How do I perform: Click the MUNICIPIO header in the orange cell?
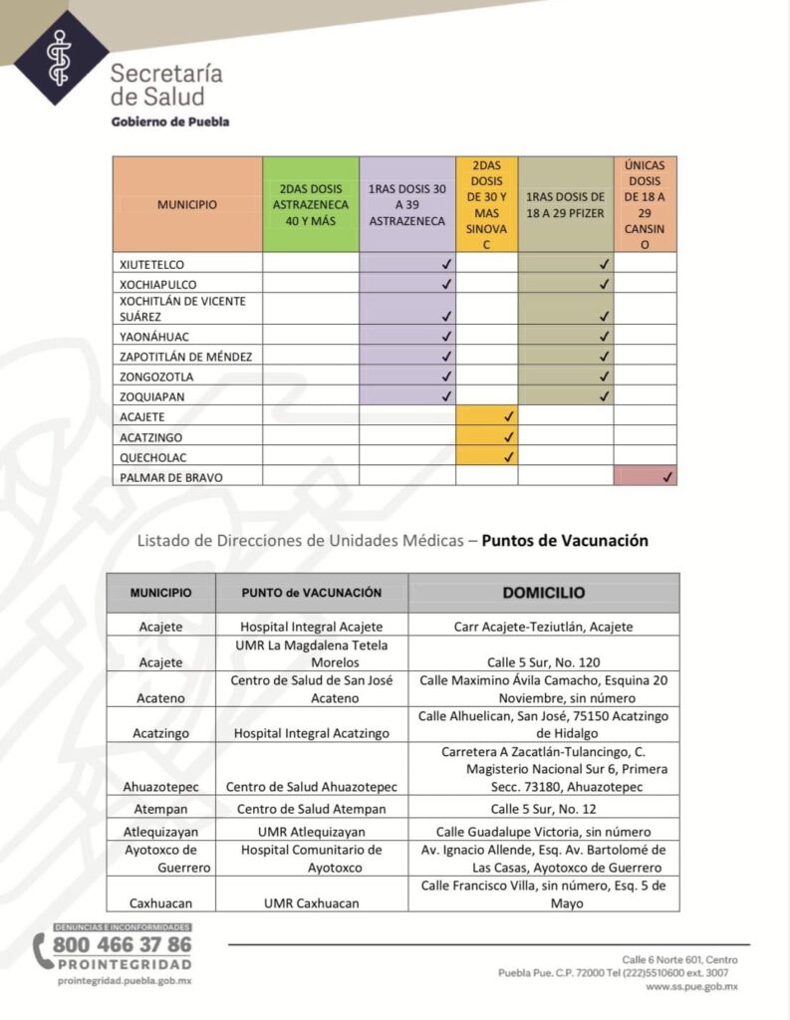click(x=186, y=204)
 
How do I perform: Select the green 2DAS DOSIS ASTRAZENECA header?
click(x=310, y=204)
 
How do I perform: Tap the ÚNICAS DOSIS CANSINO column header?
click(x=645, y=204)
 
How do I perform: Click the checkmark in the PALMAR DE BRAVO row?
click(x=666, y=477)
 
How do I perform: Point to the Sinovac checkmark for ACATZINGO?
click(x=508, y=436)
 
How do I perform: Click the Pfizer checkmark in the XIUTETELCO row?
click(x=604, y=264)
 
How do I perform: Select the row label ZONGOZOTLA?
click(x=156, y=377)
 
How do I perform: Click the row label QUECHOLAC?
click(x=152, y=457)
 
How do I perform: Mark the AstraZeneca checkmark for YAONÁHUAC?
click(x=446, y=337)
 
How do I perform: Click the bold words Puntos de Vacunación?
click(x=565, y=541)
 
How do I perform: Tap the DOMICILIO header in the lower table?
click(x=543, y=593)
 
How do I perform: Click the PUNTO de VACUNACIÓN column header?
click(x=311, y=593)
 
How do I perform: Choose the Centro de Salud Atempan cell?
click(x=311, y=809)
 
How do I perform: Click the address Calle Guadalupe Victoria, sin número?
click(x=543, y=831)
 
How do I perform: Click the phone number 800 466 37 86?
click(x=122, y=944)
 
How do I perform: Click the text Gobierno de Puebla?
click(x=169, y=122)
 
